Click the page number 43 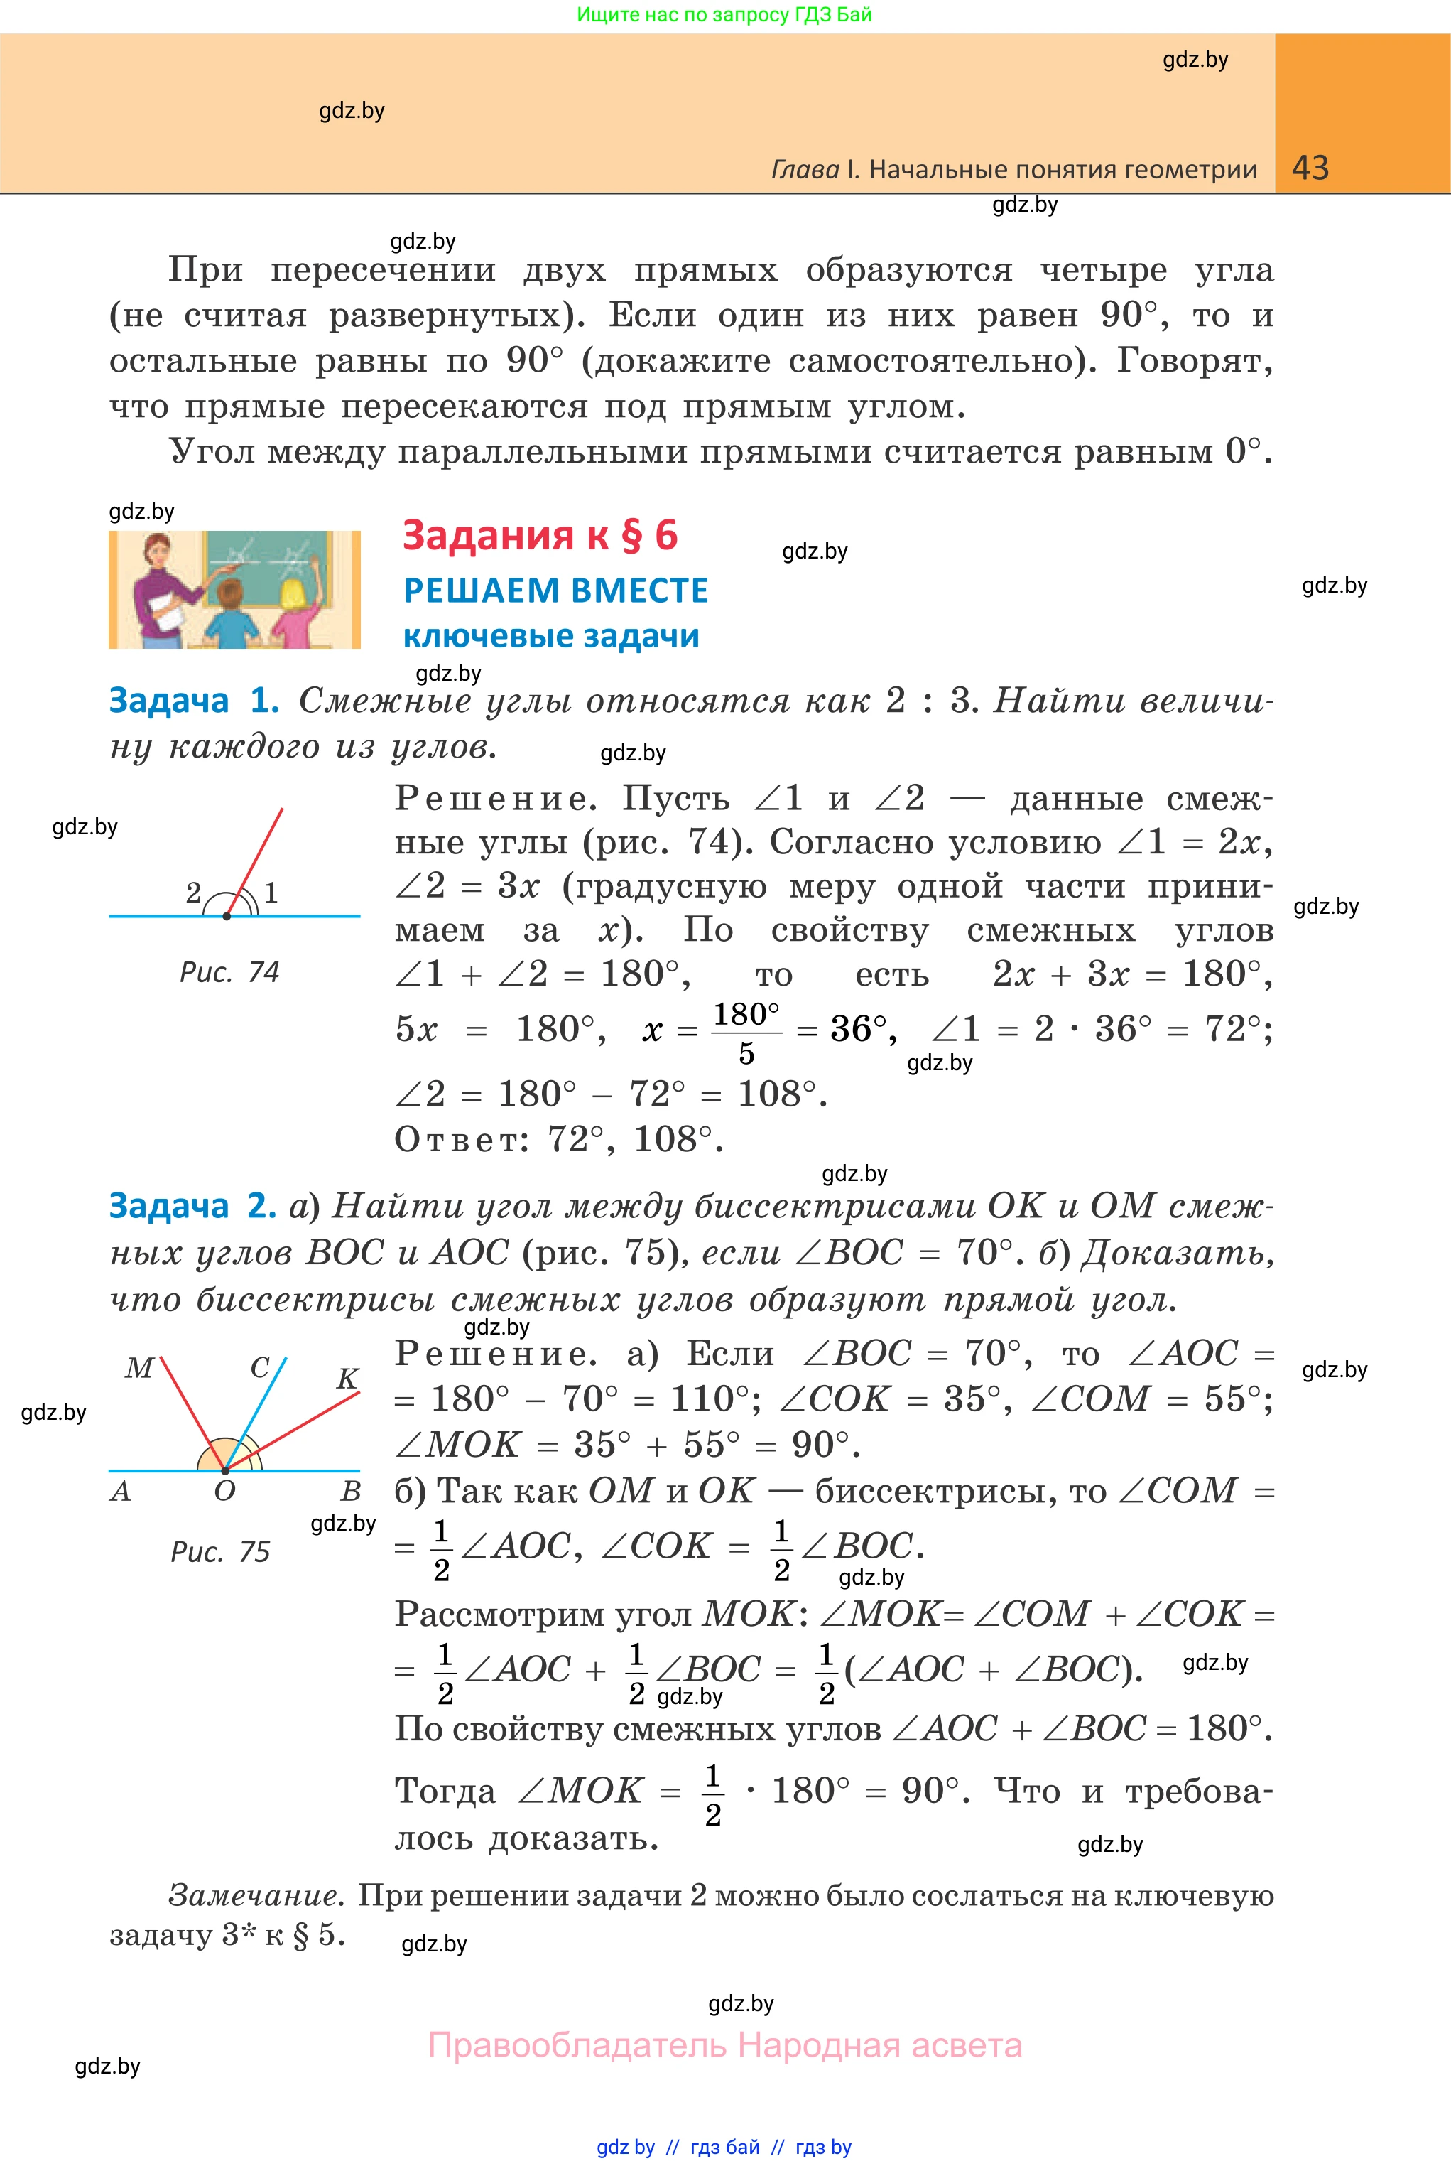tap(1310, 168)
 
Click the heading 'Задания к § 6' tap(540, 536)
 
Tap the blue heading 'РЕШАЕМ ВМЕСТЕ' tap(555, 591)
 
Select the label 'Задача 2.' tap(192, 1206)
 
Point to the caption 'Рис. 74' tap(229, 972)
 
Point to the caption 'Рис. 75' tap(220, 1552)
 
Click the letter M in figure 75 tap(138, 1368)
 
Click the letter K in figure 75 tap(347, 1379)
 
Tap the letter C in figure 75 tap(260, 1368)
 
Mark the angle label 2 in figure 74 tap(193, 893)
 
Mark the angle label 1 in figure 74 tap(271, 893)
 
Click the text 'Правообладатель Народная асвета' tap(724, 2044)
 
